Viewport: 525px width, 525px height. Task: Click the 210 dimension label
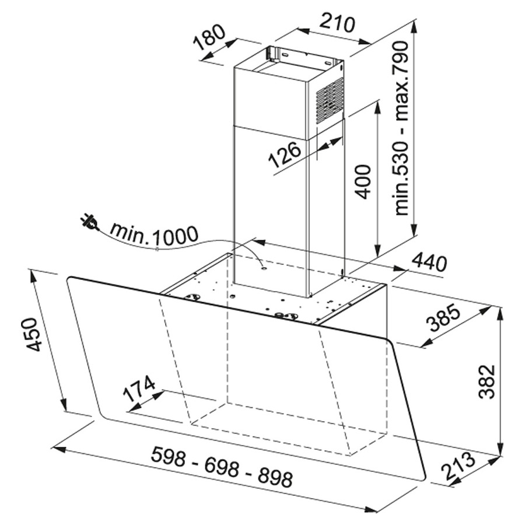[x=337, y=23]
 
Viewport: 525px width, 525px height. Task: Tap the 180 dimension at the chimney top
[x=210, y=37]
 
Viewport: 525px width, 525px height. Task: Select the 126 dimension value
[x=285, y=155]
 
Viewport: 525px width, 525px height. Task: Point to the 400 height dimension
[x=363, y=181]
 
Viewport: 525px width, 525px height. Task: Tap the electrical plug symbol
[x=89, y=223]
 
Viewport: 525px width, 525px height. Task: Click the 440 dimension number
[x=429, y=262]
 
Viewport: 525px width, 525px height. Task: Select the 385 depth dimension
[x=444, y=317]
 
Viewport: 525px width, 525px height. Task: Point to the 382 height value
[x=487, y=381]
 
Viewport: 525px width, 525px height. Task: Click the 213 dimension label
[x=457, y=466]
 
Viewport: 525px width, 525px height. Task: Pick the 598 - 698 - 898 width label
[x=222, y=467]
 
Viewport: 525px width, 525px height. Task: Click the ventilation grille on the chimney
[x=330, y=101]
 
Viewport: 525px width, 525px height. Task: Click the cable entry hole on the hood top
[x=264, y=267]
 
